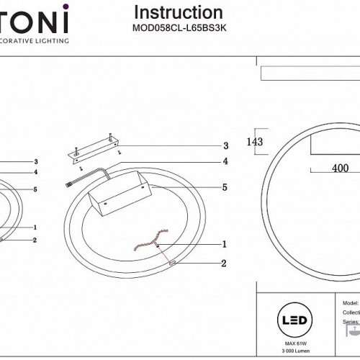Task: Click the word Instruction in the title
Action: point(179,12)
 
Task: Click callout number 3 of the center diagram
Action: point(225,145)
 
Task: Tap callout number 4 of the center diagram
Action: point(225,161)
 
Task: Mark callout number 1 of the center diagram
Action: point(225,244)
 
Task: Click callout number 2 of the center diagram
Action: point(225,264)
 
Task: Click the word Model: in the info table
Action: point(351,305)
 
